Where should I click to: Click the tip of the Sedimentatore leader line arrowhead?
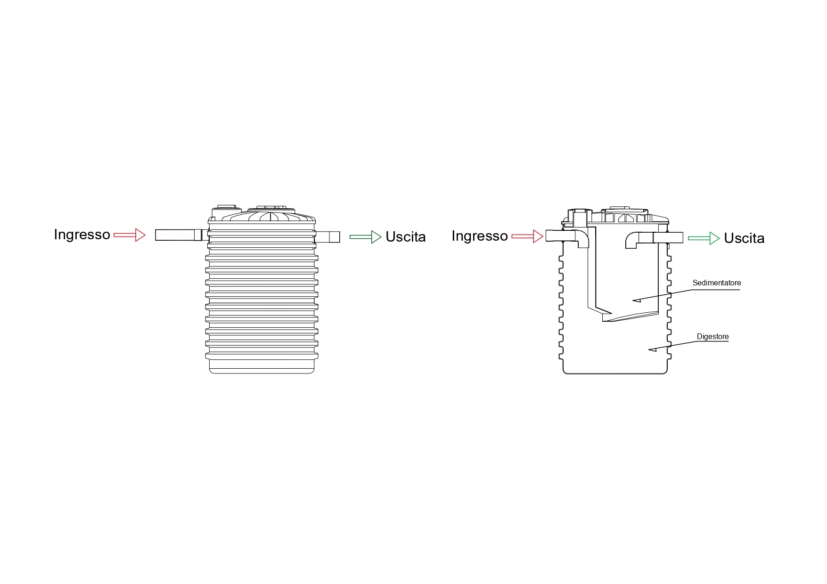(632, 300)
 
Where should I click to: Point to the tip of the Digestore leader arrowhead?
(648, 349)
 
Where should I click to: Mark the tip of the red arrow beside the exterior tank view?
(146, 235)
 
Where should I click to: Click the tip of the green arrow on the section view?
(720, 238)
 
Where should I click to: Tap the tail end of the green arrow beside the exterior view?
(350, 237)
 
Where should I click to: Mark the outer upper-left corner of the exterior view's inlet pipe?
(156, 229)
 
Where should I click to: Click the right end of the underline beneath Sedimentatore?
(740, 290)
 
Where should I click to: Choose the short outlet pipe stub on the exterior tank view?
(328, 237)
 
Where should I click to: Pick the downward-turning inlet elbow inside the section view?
(582, 238)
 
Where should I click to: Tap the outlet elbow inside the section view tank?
(632, 240)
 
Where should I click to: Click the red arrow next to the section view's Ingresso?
(527, 236)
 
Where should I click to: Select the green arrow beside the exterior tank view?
(366, 237)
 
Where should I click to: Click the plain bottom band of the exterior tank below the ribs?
(262, 366)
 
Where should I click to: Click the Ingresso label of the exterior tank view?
(82, 235)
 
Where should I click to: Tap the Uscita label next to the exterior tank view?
(406, 237)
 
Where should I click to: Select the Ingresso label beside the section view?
(480, 236)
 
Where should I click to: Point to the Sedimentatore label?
(717, 283)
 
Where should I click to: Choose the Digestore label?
(713, 337)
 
